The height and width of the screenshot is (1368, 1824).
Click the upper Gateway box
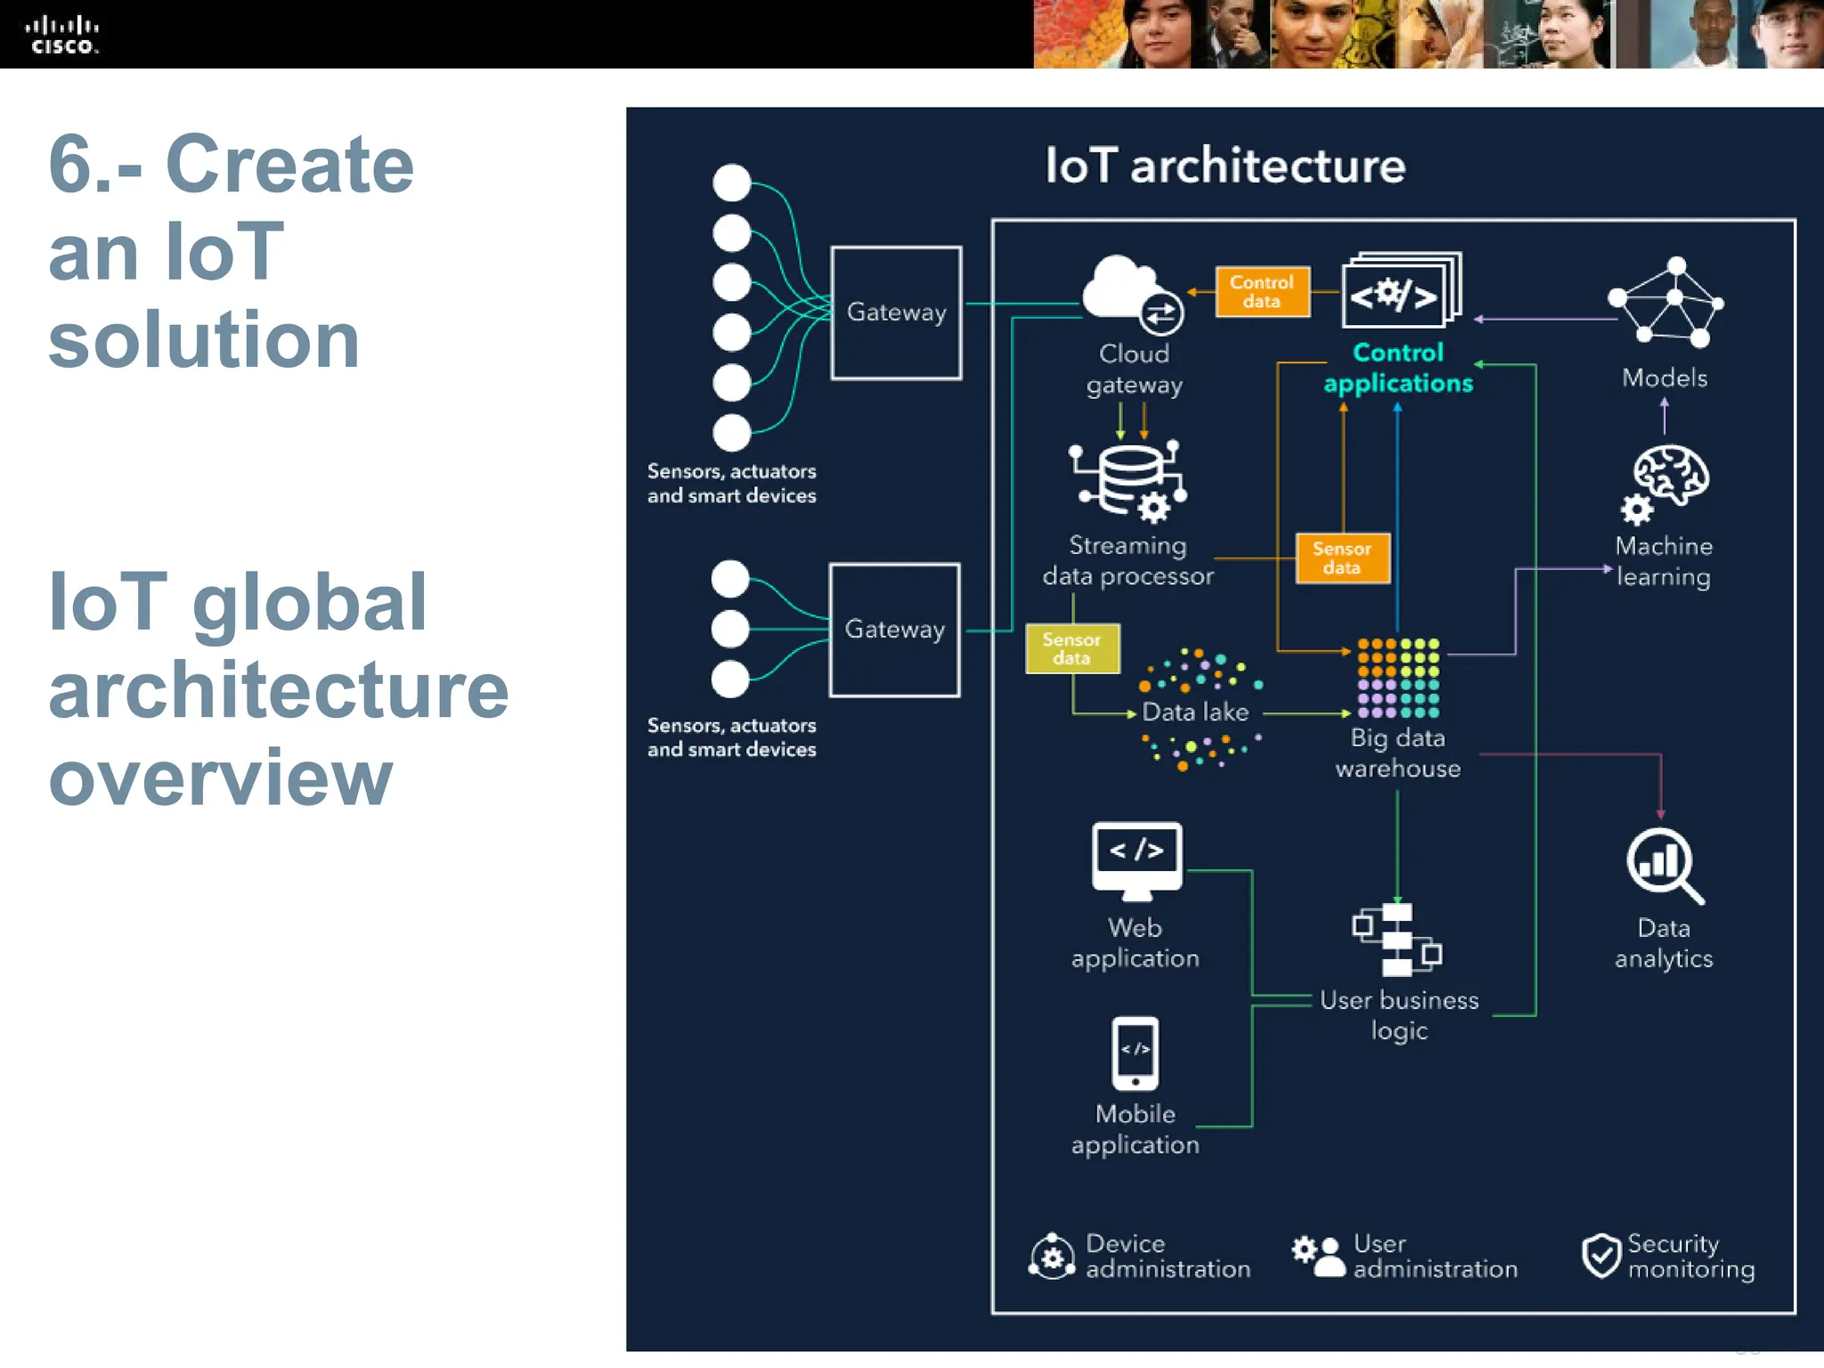point(896,313)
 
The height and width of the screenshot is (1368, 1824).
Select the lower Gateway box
point(894,630)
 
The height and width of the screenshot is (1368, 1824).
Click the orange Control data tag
point(1262,291)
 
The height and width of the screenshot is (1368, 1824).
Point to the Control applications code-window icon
point(1400,290)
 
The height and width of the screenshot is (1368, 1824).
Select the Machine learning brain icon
point(1666,482)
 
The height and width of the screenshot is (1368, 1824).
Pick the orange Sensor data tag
point(1342,558)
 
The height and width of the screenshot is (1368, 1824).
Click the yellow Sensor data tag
point(1071,648)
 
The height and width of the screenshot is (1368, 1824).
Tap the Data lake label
point(1195,712)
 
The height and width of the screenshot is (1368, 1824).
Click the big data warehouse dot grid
point(1397,678)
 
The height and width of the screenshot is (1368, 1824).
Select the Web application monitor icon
point(1136,859)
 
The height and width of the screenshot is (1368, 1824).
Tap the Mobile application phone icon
point(1136,1054)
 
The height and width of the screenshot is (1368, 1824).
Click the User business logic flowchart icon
point(1396,940)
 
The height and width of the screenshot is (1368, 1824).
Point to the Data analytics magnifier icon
point(1663,865)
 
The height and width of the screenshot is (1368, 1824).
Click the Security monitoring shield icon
point(1600,1256)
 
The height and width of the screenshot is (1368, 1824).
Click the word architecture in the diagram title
point(1267,167)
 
